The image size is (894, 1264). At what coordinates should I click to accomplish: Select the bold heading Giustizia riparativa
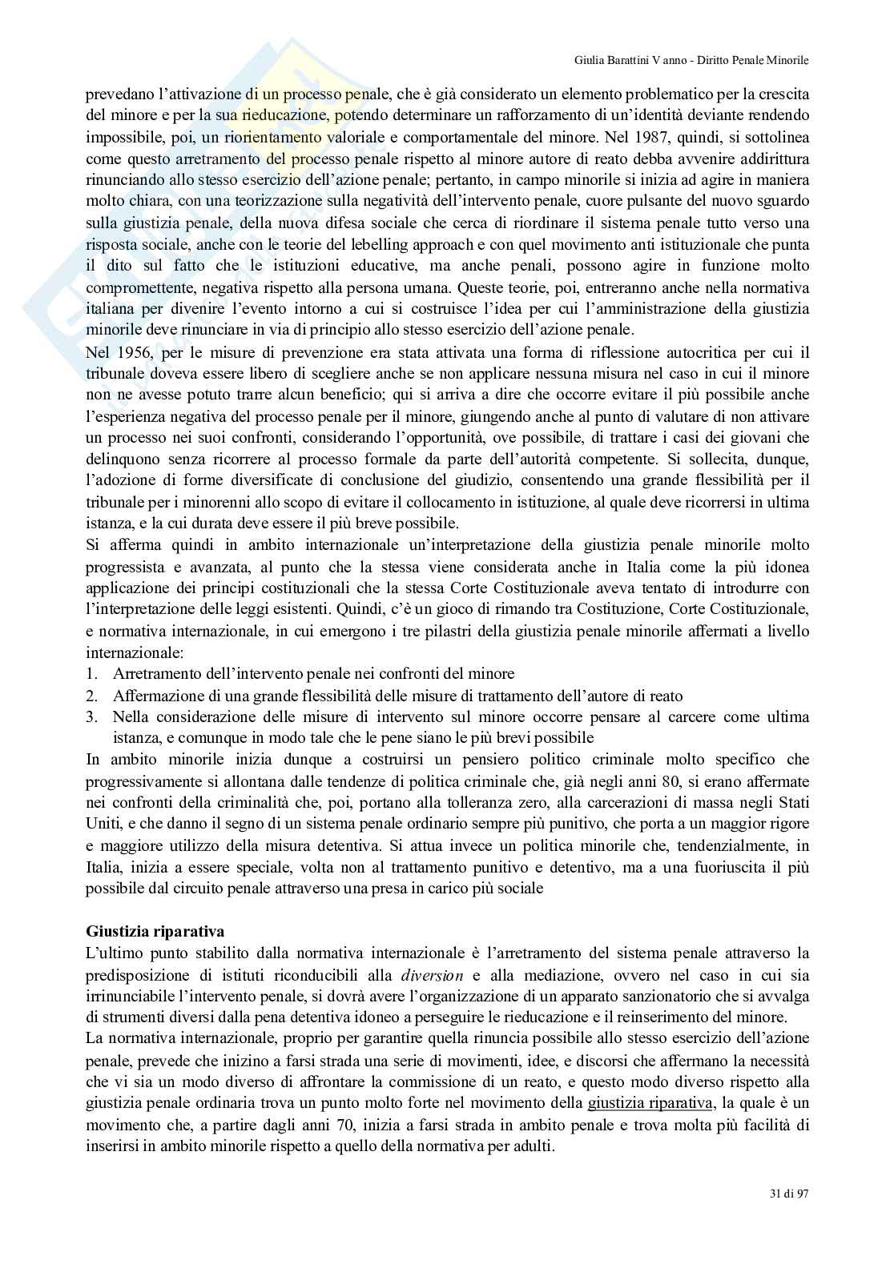tap(155, 931)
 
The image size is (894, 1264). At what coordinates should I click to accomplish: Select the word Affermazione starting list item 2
tap(159, 696)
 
